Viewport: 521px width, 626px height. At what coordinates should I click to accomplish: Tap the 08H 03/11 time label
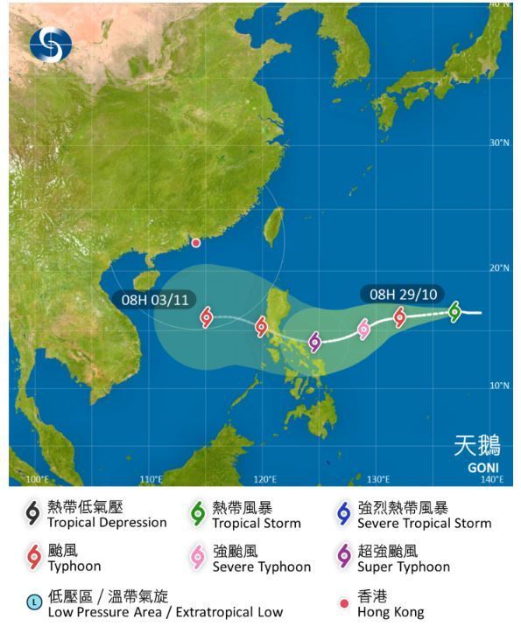(x=156, y=300)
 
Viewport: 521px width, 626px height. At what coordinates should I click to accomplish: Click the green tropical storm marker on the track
(x=454, y=311)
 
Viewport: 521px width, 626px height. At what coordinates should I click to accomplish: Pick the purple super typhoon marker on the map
(x=315, y=342)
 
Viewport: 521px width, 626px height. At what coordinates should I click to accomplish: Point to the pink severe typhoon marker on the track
(x=363, y=330)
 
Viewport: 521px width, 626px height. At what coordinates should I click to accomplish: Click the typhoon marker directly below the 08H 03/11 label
(x=207, y=317)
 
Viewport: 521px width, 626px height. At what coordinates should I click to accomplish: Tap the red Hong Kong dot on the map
(x=196, y=243)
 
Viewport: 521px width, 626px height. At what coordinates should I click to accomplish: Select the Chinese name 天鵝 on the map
(x=477, y=445)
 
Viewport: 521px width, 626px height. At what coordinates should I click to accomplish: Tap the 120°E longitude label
(x=265, y=479)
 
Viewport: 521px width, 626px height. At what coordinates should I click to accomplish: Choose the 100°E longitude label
(x=37, y=479)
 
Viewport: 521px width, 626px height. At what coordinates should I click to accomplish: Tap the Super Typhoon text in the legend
(x=404, y=567)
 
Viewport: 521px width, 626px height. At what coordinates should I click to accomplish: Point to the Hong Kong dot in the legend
(x=343, y=603)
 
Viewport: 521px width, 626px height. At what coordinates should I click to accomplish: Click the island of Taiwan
(x=274, y=224)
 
